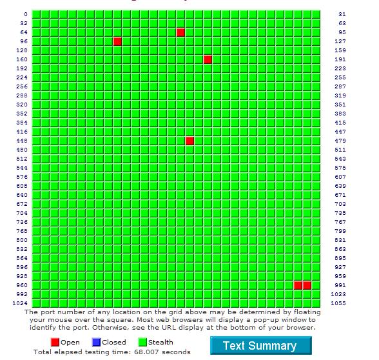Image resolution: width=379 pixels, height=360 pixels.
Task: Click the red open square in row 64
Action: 180,32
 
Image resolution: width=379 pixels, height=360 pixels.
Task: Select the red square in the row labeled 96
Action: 117,41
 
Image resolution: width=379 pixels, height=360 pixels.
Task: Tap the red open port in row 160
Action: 208,59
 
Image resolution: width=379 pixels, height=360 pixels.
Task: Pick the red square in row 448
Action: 189,141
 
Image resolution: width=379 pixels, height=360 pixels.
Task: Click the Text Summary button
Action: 261,346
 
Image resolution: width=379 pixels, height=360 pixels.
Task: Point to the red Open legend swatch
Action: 55,342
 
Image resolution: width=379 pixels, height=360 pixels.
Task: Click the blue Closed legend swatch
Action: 96,342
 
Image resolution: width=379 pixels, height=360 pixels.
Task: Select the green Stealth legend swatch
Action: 142,342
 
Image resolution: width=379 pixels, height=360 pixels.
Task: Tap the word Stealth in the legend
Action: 160,342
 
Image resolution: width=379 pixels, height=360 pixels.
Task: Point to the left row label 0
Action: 26,14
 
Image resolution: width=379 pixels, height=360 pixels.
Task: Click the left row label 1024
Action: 20,303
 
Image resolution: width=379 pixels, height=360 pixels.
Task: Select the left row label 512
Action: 22,159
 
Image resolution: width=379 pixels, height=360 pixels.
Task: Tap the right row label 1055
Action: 338,303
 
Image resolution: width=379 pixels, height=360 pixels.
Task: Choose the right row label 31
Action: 342,14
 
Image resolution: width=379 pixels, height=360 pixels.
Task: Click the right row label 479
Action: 340,141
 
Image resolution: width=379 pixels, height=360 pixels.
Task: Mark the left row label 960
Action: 22,285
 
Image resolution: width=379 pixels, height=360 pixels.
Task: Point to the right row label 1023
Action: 338,294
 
